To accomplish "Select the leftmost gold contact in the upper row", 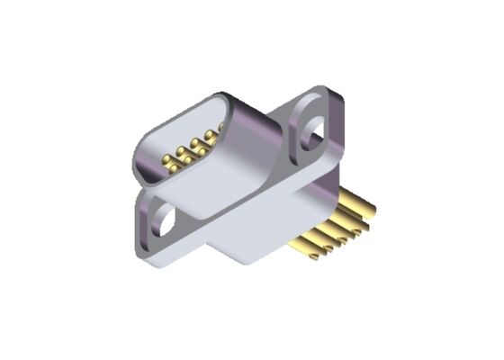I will [179, 148].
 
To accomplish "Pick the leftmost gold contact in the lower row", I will [167, 162].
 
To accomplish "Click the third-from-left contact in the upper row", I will [205, 137].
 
